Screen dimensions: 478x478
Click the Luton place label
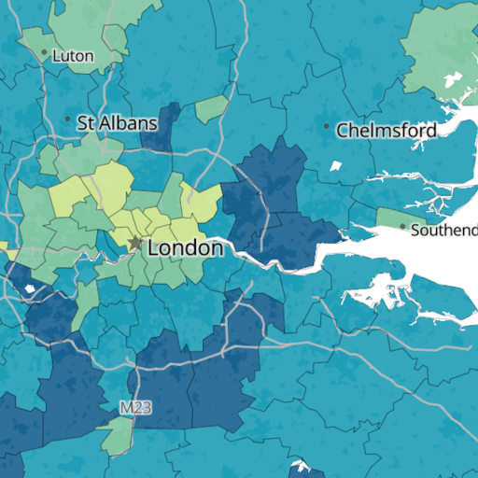pos(73,56)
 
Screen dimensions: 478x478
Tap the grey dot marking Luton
pos(44,52)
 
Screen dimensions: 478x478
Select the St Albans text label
pos(116,122)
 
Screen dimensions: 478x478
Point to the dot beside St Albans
pos(67,119)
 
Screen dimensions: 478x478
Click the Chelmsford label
pos(387,130)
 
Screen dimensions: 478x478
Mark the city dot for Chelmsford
pos(326,126)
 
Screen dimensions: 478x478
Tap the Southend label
pos(444,230)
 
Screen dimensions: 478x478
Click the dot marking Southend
pos(402,226)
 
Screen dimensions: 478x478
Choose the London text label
pos(186,248)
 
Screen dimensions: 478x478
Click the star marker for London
pos(135,244)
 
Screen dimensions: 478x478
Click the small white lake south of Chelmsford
pos(335,167)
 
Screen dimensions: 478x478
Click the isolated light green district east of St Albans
pos(212,108)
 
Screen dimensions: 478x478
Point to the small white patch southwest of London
pos(30,288)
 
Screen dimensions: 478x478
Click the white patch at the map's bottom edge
pos(300,467)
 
